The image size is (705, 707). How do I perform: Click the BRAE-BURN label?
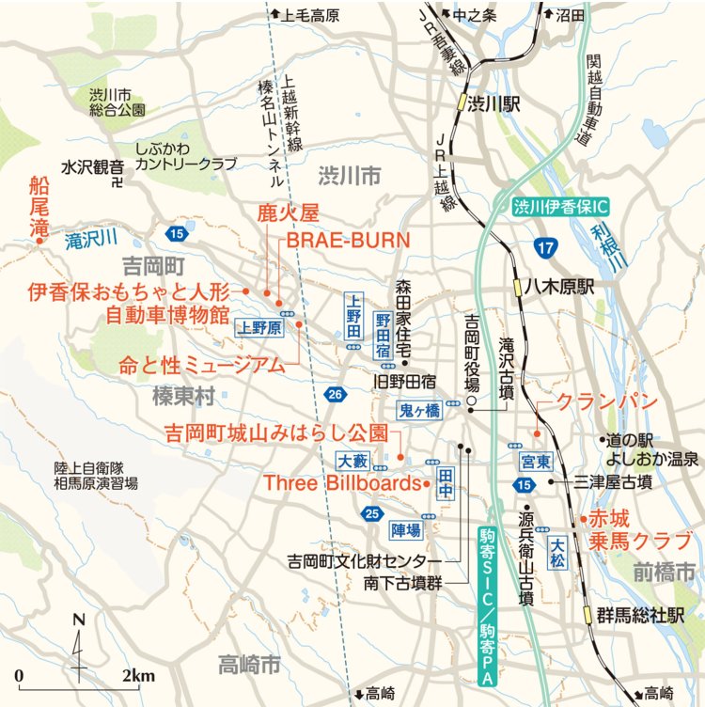pos(349,240)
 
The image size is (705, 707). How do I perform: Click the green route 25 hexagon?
pos(373,512)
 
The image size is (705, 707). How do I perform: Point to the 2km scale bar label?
pos(138,676)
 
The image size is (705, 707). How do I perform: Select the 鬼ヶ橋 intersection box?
pos(417,410)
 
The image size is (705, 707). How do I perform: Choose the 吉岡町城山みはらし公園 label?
pos(275,434)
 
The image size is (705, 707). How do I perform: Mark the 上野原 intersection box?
pos(258,327)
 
